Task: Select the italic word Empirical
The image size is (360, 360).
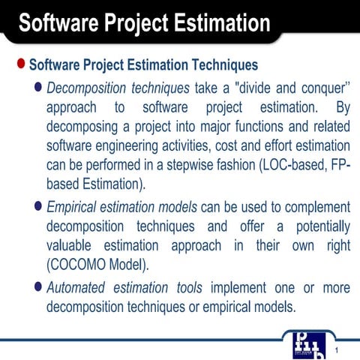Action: [x=73, y=206]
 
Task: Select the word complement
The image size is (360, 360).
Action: [x=313, y=206]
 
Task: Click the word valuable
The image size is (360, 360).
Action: [x=70, y=246]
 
